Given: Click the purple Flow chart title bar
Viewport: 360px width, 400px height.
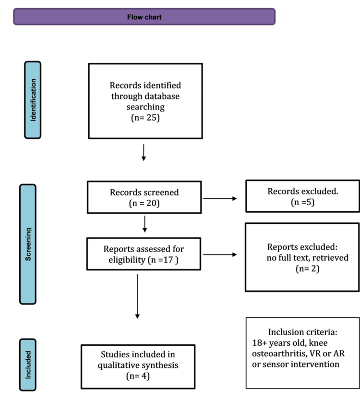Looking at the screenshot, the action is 144,17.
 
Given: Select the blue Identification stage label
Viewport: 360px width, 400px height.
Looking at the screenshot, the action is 33,100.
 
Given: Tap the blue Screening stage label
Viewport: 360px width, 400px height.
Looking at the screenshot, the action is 28,244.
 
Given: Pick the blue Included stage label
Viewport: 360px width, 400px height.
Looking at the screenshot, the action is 28,365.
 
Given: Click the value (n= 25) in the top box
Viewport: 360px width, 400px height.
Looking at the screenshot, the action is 145,118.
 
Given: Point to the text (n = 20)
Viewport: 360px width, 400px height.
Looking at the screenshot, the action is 144,203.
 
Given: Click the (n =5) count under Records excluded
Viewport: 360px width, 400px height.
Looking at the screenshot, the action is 302,202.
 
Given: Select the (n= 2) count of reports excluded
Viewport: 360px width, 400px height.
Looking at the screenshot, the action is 308,268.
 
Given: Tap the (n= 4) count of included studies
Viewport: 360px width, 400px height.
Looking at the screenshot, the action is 138,376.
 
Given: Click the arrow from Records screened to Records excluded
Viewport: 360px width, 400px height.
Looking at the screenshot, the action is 220,198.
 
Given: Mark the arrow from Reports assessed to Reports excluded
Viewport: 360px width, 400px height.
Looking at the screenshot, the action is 220,255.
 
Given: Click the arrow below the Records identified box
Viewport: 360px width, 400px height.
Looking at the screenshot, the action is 144,153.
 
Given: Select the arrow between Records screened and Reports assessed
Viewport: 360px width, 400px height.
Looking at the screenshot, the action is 144,224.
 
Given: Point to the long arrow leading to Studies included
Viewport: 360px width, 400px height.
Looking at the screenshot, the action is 137,296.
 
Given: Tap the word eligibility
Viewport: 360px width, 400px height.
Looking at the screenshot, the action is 127,260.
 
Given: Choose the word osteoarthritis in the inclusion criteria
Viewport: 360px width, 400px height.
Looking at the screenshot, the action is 279,353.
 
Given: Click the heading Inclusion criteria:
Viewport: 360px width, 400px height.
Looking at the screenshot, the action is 302,332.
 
